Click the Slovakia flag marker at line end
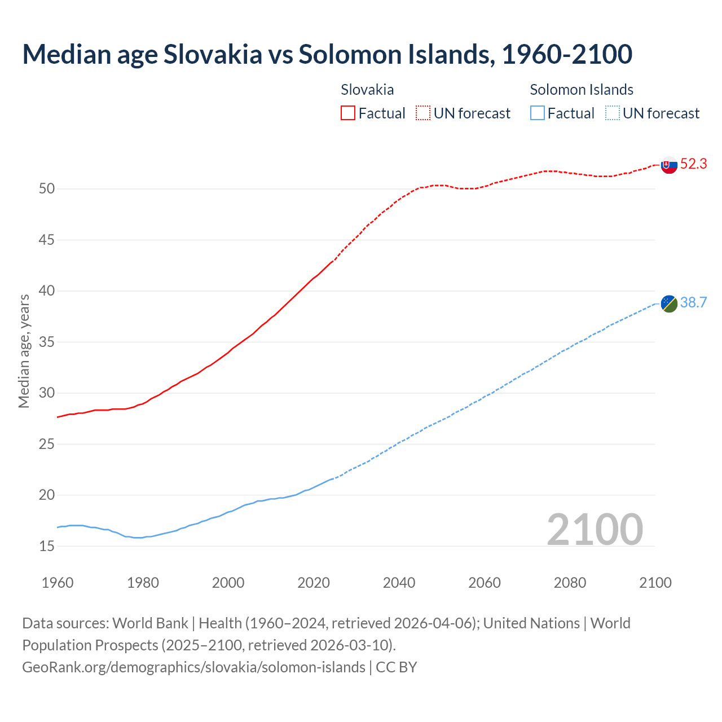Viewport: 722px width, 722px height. tap(669, 165)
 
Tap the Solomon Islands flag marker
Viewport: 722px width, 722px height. tap(669, 303)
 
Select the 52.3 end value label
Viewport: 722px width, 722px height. tap(693, 164)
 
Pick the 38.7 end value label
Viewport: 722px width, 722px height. tap(693, 303)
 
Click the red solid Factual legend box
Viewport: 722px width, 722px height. tap(348, 113)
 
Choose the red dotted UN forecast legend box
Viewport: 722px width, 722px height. tap(423, 113)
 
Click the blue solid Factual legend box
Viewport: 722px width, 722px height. tap(538, 113)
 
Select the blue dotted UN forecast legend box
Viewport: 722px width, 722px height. tap(612, 113)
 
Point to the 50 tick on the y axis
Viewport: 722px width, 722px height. tap(47, 188)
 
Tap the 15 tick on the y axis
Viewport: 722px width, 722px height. tap(47, 546)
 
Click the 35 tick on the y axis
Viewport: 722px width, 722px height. tap(47, 342)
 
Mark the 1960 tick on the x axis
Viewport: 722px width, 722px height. tap(58, 583)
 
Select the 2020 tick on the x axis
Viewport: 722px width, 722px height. tap(314, 583)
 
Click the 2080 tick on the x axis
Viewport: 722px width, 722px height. tap(570, 583)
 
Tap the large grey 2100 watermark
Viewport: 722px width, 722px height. tap(595, 529)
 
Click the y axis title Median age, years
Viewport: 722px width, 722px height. tap(24, 351)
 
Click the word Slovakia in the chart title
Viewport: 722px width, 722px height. tap(213, 54)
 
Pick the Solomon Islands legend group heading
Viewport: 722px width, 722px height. tap(582, 90)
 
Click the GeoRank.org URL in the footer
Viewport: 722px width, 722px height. tap(193, 667)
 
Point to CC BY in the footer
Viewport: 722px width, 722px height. tap(396, 667)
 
